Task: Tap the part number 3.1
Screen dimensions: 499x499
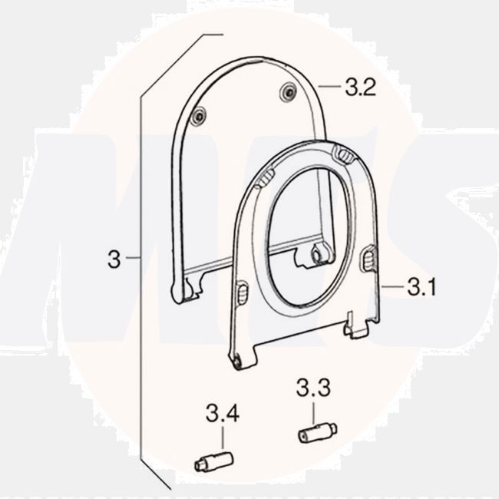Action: point(421,288)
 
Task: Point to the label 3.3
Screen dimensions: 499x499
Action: point(312,389)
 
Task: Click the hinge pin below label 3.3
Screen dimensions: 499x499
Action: point(316,433)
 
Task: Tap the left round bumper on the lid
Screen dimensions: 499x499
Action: point(198,116)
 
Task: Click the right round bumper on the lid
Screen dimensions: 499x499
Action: point(289,91)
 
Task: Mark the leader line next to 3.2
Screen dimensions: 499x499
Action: point(329,88)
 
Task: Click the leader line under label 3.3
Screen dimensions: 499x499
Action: point(314,413)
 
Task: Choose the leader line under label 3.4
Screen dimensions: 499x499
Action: point(223,440)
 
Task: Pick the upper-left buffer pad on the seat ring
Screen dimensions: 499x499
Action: point(264,180)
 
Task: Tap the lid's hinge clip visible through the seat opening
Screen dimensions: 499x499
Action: point(317,255)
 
